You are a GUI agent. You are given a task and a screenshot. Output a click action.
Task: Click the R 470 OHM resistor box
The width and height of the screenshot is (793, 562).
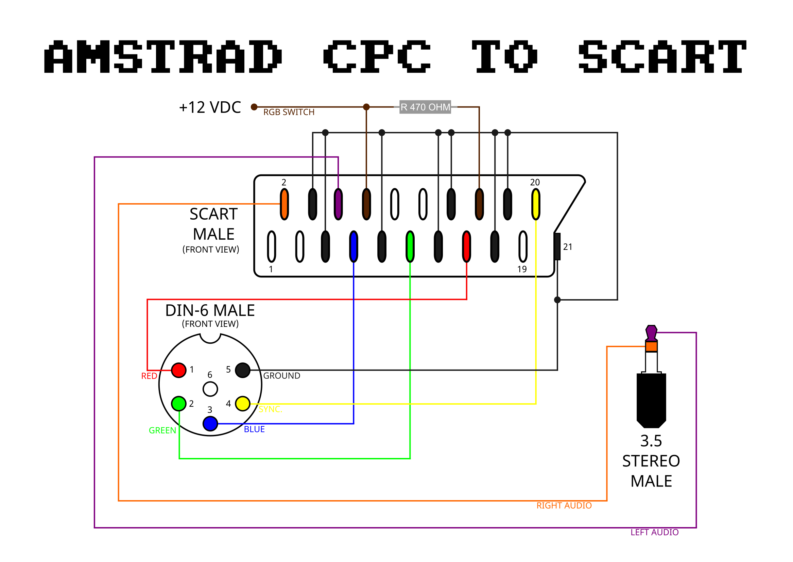coord(425,107)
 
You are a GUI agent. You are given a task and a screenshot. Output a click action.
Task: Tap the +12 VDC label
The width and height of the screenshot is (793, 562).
coord(210,107)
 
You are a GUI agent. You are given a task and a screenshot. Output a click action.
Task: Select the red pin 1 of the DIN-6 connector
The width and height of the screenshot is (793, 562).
coord(179,370)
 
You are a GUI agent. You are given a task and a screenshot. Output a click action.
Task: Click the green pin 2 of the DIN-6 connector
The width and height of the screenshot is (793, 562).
coord(179,404)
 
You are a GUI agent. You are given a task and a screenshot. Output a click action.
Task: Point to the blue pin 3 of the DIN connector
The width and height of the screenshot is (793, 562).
coord(210,424)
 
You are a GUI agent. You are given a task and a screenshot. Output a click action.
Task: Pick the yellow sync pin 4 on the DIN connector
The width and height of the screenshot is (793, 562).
coord(243,404)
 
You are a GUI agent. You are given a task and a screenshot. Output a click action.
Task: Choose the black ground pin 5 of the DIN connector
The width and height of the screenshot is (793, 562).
coord(243,370)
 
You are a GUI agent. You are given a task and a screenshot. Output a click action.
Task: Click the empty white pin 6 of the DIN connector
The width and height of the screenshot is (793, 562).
coord(210,389)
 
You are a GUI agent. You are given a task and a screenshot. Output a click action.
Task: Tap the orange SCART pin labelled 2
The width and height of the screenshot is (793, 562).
coord(285,204)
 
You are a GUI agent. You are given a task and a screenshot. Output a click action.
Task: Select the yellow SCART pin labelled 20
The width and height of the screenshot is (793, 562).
coord(536,204)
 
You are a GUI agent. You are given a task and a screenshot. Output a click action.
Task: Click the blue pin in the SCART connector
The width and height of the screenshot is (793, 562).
coord(354,246)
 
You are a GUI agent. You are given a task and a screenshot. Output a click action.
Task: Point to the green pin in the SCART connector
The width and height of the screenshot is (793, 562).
coord(410,246)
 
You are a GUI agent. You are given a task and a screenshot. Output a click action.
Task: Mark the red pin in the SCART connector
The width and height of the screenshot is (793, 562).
coord(466,246)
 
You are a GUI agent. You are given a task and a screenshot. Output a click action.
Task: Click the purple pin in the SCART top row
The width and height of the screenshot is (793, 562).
coord(338,204)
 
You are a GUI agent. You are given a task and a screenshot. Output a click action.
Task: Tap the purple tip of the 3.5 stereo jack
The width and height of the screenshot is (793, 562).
coord(652,333)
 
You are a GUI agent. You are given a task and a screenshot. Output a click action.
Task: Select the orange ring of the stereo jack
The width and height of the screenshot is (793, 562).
coord(652,346)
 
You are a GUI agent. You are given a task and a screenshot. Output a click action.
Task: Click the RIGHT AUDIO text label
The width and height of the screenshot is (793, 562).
coord(564,506)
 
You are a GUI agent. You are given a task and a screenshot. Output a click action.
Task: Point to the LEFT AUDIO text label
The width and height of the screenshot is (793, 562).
coord(655,532)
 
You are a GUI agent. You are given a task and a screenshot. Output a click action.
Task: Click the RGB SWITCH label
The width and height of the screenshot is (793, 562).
coord(289,112)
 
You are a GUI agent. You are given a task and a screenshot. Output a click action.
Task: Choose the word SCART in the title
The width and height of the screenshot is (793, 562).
coord(662,56)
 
